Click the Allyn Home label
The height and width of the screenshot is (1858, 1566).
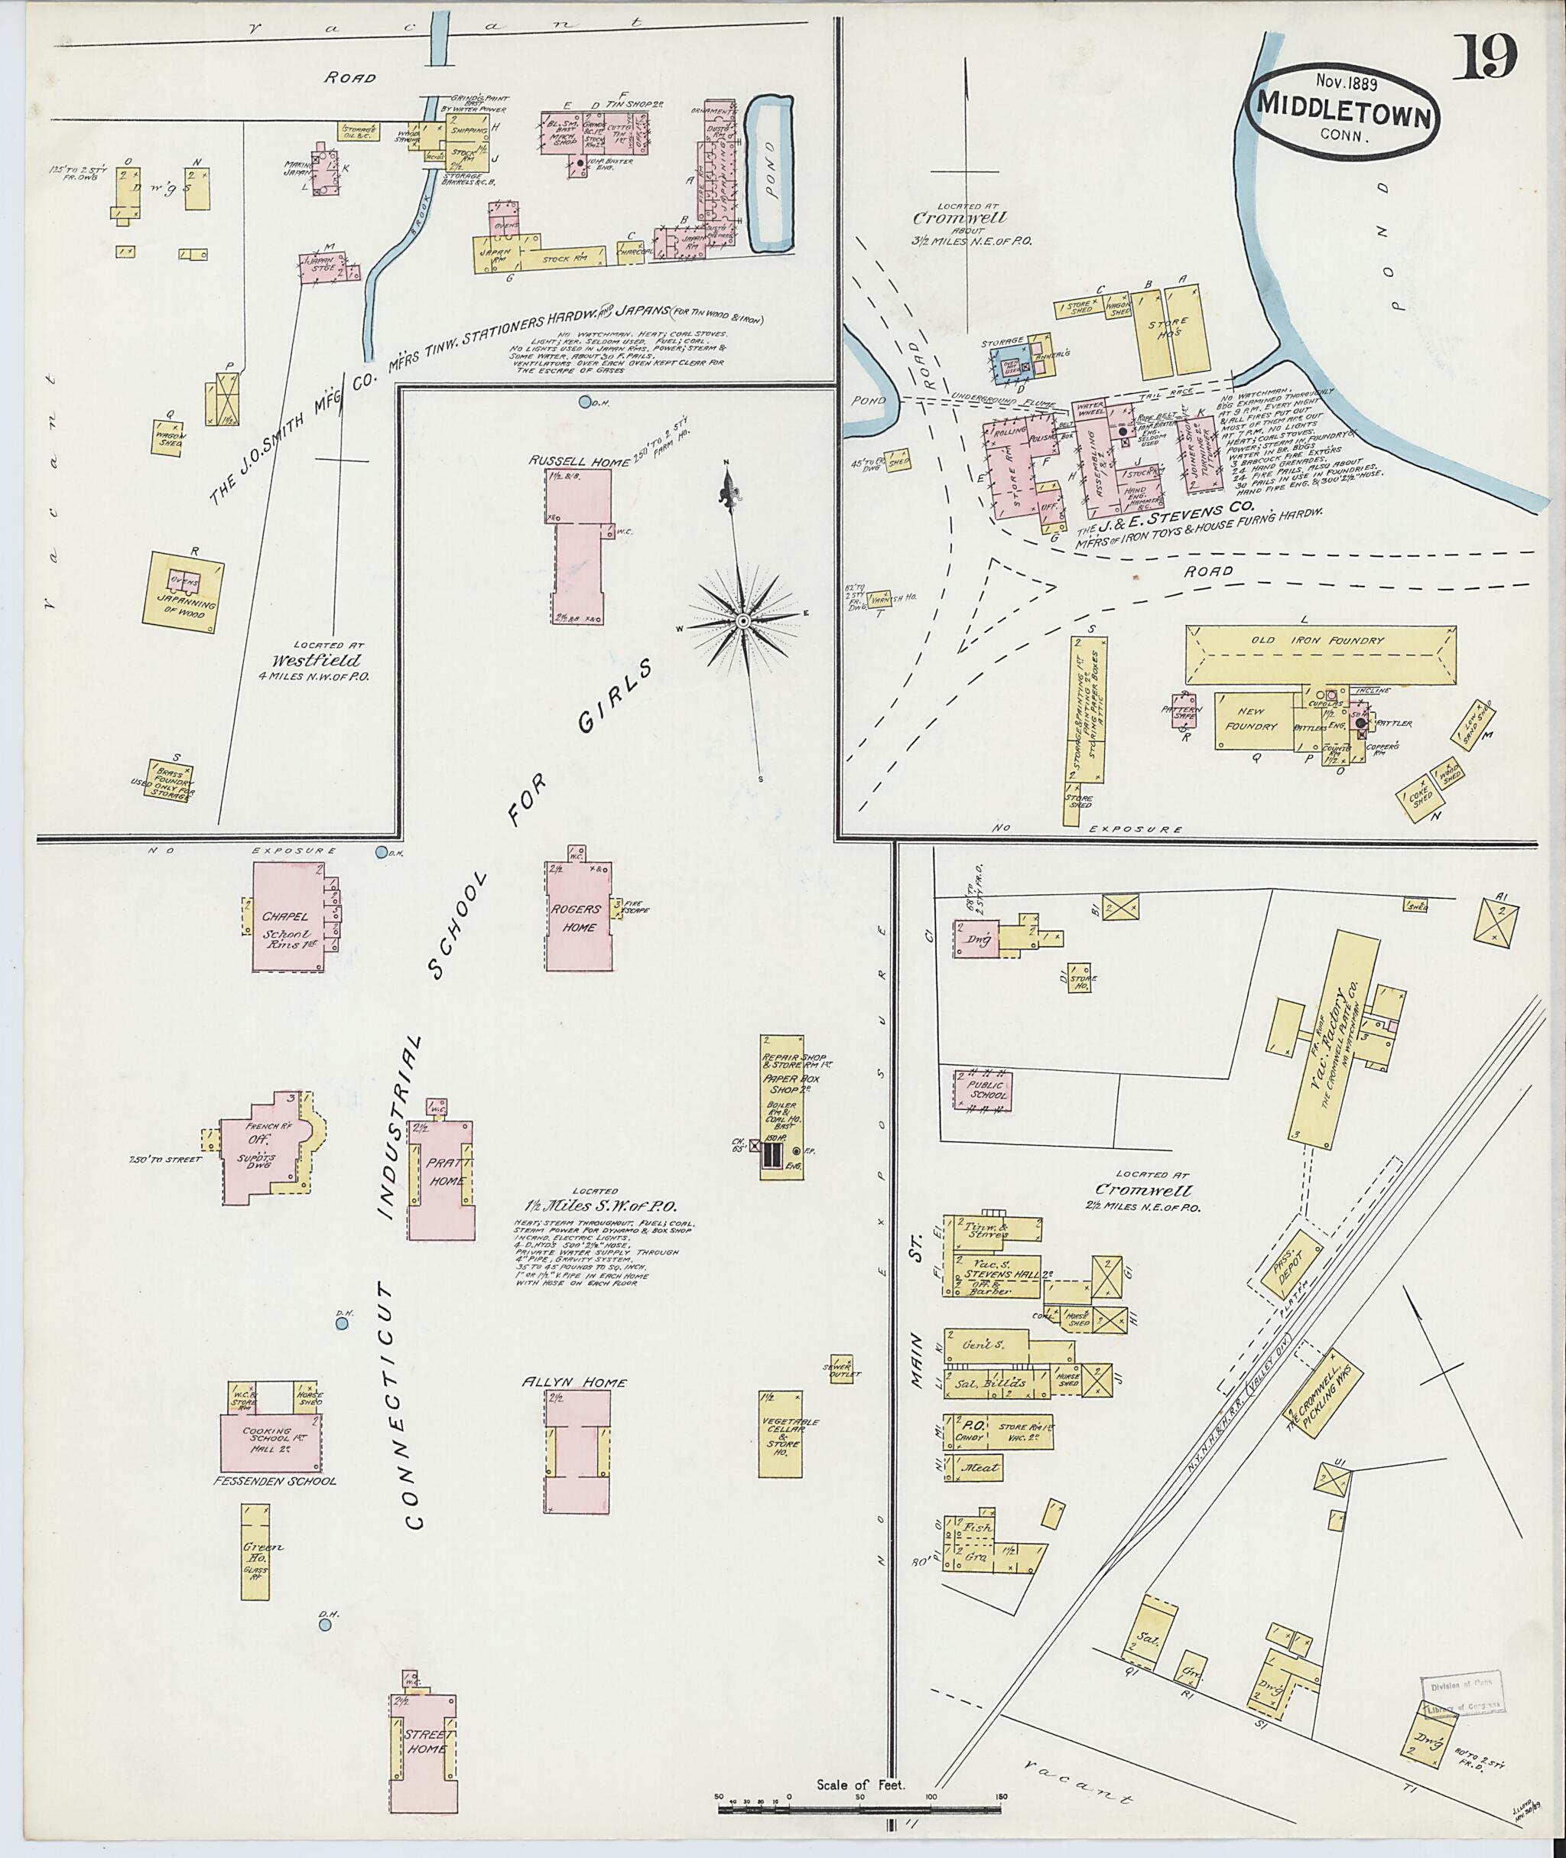coord(574,1383)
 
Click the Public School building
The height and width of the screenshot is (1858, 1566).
coord(983,1090)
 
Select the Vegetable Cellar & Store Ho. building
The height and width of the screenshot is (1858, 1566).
coord(781,1434)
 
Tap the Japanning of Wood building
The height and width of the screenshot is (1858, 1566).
coord(184,592)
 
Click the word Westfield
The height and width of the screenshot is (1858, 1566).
coord(317,661)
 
